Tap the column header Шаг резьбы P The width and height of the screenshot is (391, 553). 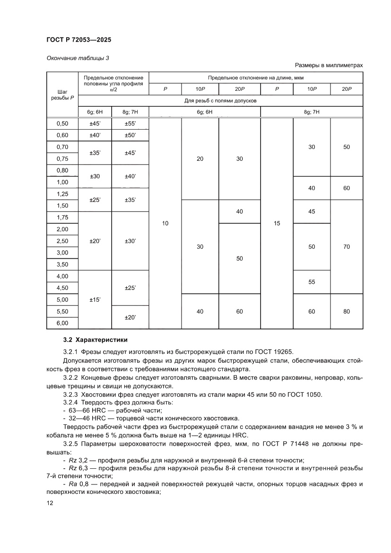(x=62, y=94)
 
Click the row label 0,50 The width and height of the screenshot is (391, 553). (x=62, y=123)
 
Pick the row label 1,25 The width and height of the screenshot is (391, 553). (x=62, y=194)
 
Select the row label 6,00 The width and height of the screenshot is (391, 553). (x=62, y=323)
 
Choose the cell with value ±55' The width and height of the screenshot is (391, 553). (x=130, y=123)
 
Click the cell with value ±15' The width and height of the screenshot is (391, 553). (x=94, y=299)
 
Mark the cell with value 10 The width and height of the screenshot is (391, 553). (x=165, y=223)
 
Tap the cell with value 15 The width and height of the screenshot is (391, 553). (x=277, y=223)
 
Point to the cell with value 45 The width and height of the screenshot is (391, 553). (x=312, y=211)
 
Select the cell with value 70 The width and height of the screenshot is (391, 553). (x=347, y=247)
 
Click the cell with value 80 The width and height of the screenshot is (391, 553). (x=347, y=311)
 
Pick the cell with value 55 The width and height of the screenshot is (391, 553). (x=312, y=282)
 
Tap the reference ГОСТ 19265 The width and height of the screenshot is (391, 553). (x=276, y=351)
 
